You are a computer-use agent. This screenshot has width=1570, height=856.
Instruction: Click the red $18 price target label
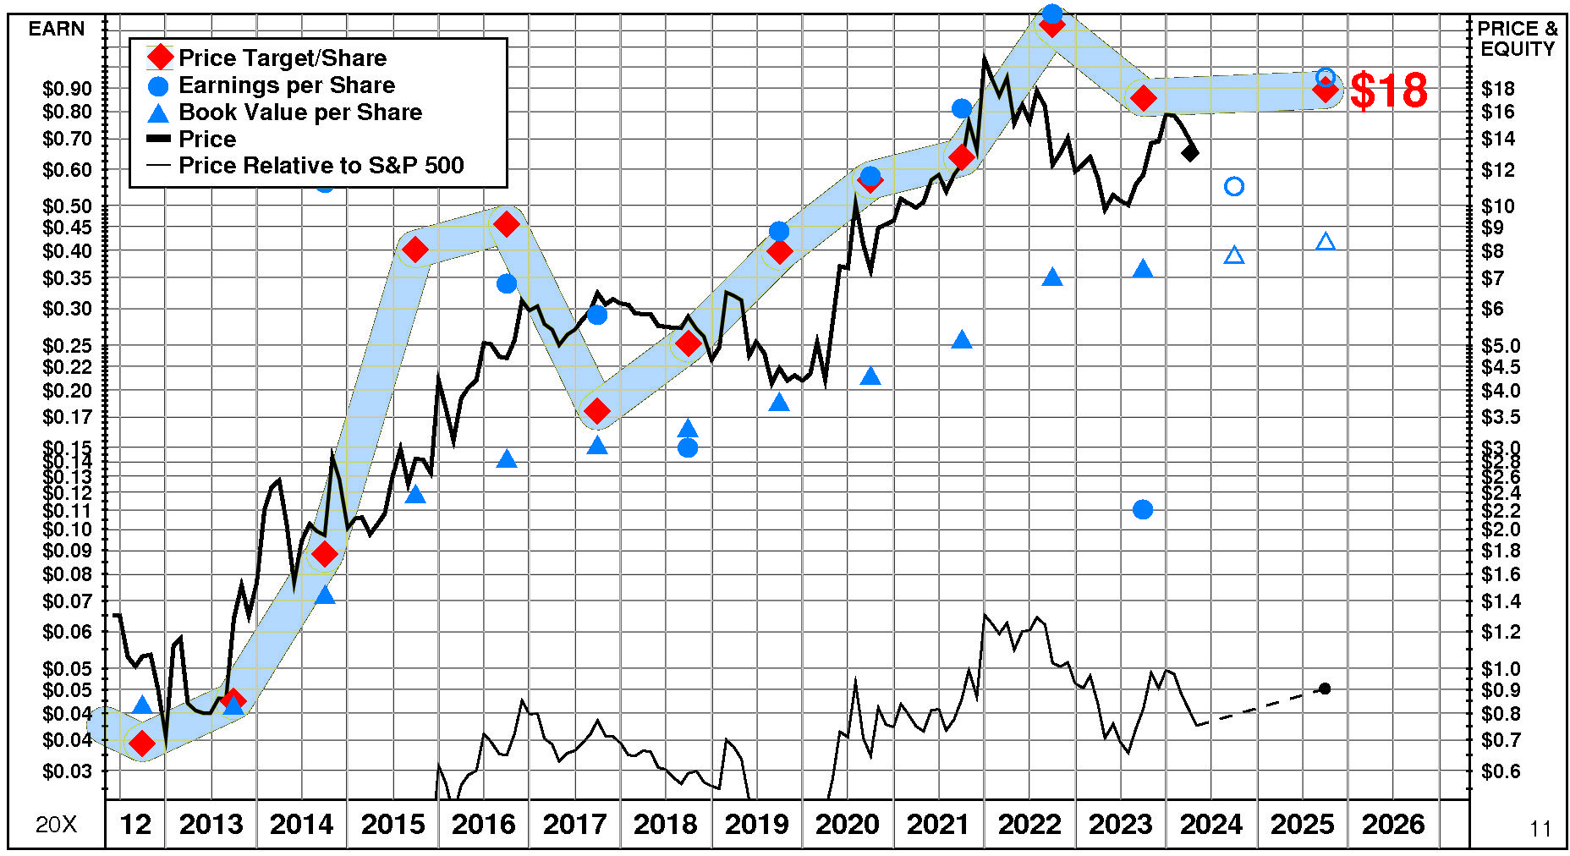click(1388, 91)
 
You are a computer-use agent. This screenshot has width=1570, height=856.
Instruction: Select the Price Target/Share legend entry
click(282, 58)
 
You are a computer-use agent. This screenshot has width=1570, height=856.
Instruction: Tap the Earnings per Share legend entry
click(286, 85)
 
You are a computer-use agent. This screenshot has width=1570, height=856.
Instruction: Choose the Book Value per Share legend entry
click(299, 112)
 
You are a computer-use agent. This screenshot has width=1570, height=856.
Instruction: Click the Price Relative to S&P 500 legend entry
click(321, 166)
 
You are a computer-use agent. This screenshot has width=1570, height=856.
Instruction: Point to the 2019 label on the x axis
click(756, 824)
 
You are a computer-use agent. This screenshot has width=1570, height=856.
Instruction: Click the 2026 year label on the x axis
click(1393, 824)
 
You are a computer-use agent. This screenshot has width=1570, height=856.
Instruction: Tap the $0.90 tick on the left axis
click(67, 89)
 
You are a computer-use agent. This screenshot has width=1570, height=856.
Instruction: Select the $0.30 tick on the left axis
click(67, 309)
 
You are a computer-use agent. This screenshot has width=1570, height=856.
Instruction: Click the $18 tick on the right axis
click(1498, 89)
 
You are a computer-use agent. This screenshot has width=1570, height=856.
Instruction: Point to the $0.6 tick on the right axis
click(1501, 771)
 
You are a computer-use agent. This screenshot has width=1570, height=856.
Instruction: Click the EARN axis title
click(57, 29)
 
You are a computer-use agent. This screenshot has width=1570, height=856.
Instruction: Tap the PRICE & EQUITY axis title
click(1518, 39)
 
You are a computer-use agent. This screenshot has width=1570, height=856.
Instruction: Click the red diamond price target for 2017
click(597, 412)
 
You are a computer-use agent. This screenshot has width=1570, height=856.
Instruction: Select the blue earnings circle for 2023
click(1143, 509)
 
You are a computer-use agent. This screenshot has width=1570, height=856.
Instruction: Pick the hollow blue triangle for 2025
click(1326, 242)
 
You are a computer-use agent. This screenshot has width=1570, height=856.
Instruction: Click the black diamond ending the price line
click(1190, 153)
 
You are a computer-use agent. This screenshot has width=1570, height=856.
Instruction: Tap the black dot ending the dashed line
click(1325, 689)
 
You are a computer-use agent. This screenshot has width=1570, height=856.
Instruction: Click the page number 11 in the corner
click(1540, 829)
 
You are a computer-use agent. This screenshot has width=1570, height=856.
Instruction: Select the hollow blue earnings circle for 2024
click(1234, 186)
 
